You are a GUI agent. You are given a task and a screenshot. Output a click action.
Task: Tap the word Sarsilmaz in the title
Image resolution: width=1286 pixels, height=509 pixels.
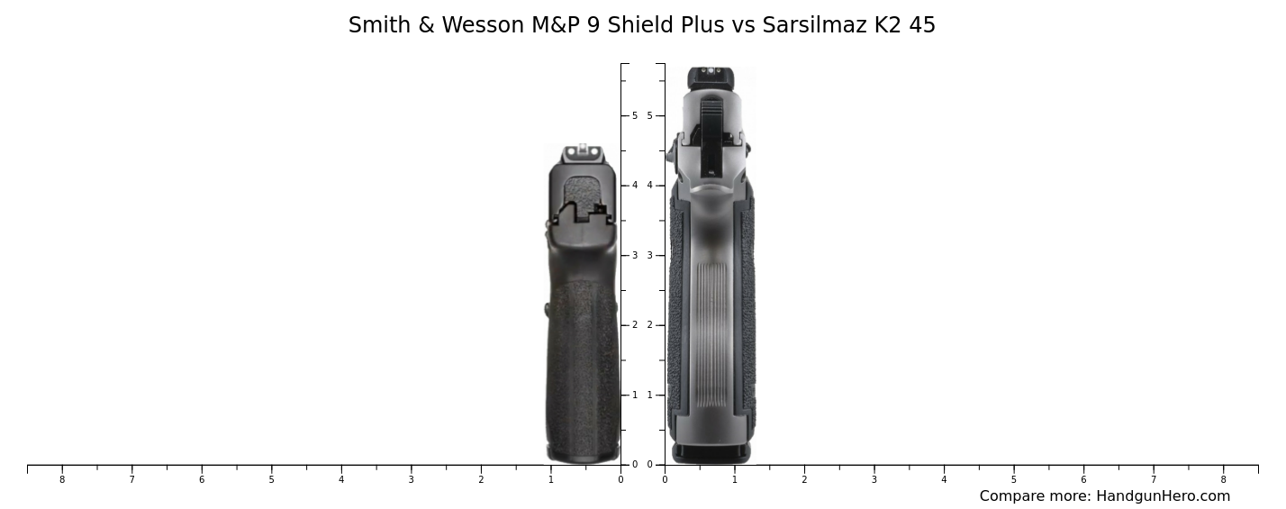click(x=814, y=25)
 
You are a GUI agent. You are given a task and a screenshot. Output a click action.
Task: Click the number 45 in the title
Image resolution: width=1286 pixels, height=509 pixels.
click(x=922, y=25)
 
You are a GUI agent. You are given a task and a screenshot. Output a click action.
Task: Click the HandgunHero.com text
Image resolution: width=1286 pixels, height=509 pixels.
click(x=1163, y=496)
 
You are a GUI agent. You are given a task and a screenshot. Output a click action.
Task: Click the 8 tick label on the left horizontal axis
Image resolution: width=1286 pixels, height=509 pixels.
click(x=62, y=479)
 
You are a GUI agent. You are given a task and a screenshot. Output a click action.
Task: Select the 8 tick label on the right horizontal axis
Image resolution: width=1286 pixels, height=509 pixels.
click(x=1223, y=479)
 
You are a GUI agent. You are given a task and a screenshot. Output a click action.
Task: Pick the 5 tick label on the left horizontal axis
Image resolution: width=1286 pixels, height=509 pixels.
click(x=271, y=479)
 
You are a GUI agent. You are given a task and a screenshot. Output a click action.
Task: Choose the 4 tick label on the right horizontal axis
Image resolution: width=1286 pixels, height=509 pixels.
click(x=944, y=479)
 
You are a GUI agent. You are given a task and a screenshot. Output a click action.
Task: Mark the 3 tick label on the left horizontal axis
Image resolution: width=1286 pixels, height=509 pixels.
click(x=411, y=479)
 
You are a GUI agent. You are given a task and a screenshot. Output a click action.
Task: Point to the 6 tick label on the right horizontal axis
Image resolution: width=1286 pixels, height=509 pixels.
click(x=1083, y=479)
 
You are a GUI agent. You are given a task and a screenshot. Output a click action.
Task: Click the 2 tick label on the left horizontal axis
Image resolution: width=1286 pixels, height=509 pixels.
click(x=481, y=479)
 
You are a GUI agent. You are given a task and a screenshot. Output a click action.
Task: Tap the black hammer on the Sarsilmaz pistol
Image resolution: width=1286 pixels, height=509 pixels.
click(x=711, y=135)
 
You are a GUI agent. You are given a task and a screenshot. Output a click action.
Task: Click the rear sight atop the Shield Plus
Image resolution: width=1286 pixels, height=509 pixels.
click(x=583, y=152)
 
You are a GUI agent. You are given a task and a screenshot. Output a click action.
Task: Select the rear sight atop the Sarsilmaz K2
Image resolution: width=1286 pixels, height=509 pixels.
click(x=711, y=77)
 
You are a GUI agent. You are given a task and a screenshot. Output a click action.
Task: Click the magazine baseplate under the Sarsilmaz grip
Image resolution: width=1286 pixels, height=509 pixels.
click(x=711, y=452)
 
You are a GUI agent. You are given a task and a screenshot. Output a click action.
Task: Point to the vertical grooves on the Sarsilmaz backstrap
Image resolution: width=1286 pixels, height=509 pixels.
click(x=711, y=333)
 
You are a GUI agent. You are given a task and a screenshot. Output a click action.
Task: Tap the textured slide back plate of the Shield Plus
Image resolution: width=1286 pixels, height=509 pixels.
click(x=583, y=193)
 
